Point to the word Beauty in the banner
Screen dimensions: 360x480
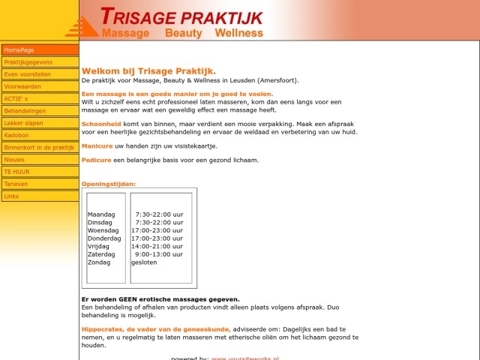point(183,33)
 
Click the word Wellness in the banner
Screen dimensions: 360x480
point(238,33)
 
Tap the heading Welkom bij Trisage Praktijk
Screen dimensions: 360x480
point(148,71)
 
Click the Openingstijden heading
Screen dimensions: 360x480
point(109,184)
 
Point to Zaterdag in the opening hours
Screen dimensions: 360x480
point(101,254)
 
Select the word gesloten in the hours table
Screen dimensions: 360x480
point(144,262)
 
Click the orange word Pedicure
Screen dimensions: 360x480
point(96,160)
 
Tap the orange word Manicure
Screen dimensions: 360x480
point(97,145)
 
